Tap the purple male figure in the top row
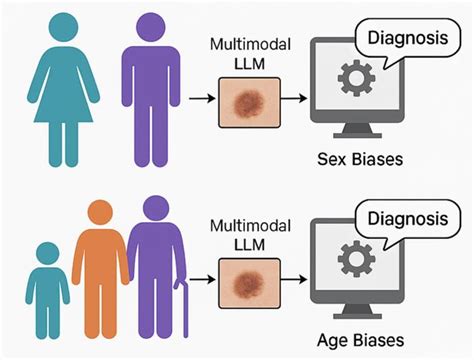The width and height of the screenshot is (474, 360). (x=147, y=95)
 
